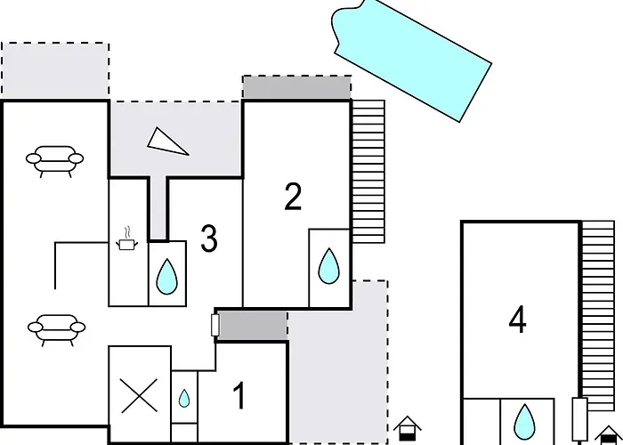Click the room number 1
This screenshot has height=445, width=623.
(x=239, y=397)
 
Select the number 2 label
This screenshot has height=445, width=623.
(x=294, y=197)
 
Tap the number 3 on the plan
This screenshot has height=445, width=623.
(x=209, y=239)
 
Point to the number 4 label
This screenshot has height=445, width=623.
(x=518, y=320)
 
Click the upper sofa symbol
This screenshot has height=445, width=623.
(x=55, y=160)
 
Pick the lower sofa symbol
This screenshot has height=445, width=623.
(x=55, y=329)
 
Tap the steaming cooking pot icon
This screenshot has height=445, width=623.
(x=127, y=239)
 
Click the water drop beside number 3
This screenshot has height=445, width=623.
(x=166, y=278)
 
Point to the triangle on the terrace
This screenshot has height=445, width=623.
(x=168, y=141)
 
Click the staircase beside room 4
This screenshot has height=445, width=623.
(x=598, y=311)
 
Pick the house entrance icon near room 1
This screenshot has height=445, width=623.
(x=406, y=427)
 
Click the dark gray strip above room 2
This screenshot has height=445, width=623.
(x=296, y=87)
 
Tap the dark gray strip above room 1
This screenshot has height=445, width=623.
(x=252, y=325)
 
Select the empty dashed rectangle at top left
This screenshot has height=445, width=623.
(x=55, y=70)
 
